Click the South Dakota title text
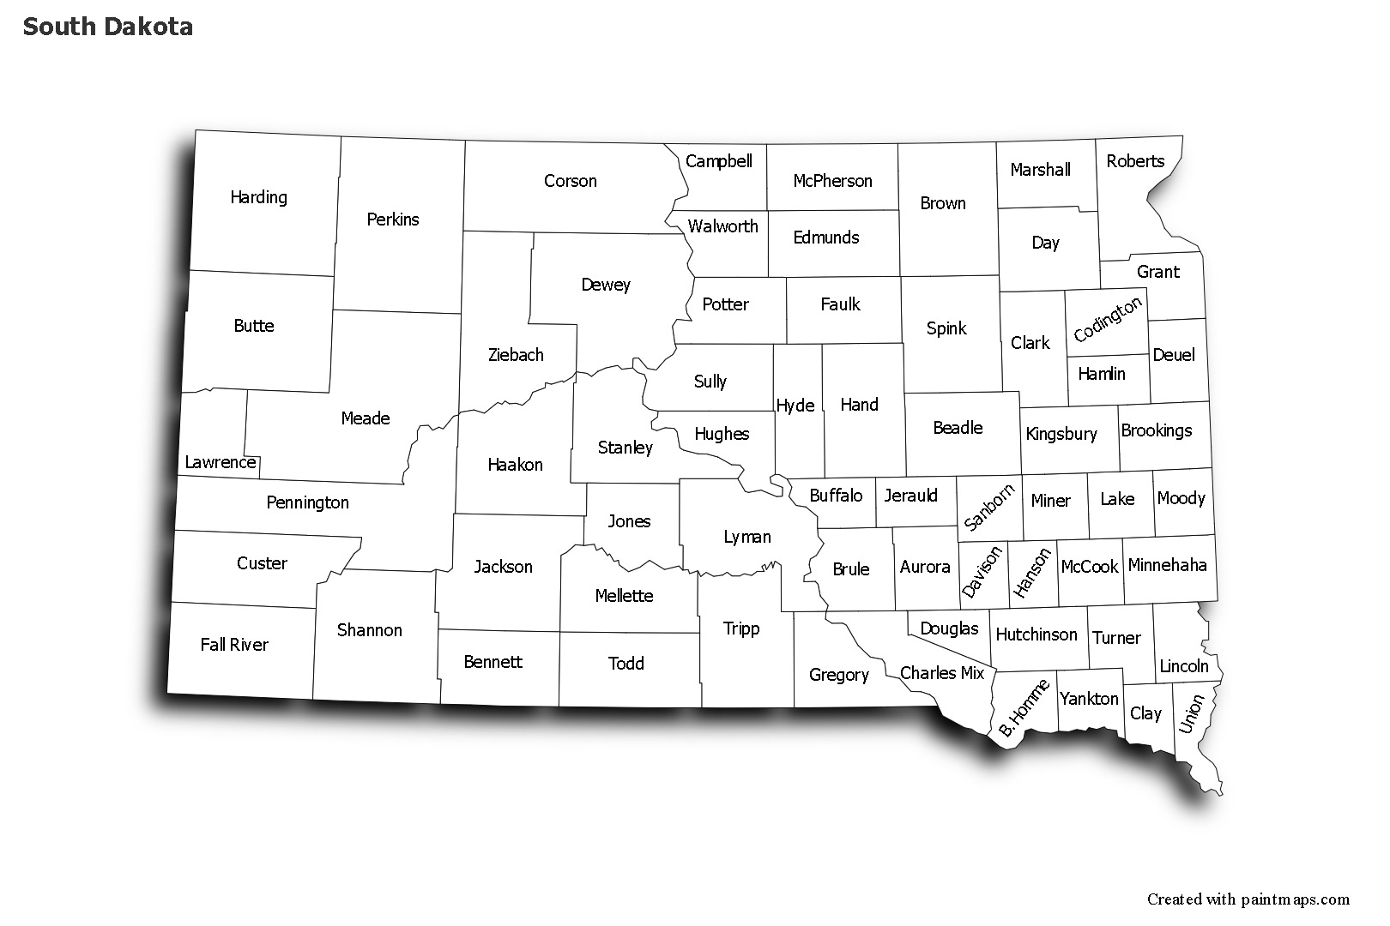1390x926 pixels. coord(107,27)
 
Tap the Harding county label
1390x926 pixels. coord(258,197)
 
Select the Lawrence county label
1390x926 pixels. coord(221,462)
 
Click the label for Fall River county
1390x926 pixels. coord(234,645)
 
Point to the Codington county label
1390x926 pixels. coord(1108,319)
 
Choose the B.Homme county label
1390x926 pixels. coord(1024,708)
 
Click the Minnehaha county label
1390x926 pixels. coord(1167,565)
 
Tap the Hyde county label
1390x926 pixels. coord(795,406)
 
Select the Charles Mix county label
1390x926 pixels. coord(942,673)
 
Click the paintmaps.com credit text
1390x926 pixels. coord(1248,899)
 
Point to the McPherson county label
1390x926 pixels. coord(832,181)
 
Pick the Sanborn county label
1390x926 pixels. coord(989,507)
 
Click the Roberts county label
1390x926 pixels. coord(1135,161)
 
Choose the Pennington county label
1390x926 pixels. coord(307,502)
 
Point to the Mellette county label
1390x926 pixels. coord(624,596)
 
